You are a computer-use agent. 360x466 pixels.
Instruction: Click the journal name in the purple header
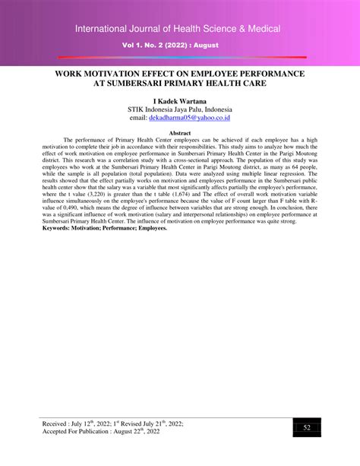[178, 29]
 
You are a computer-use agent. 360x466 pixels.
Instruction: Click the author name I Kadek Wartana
[180, 100]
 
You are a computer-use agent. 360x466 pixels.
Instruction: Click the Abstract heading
[179, 132]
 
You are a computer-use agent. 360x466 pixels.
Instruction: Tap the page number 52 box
[307, 429]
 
